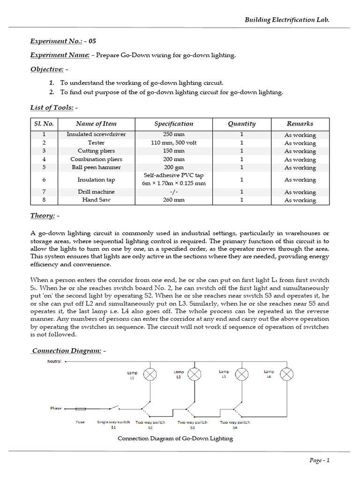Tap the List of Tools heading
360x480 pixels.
[52, 108]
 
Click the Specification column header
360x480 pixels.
[173, 124]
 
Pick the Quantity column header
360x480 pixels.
[241, 124]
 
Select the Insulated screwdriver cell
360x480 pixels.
[96, 135]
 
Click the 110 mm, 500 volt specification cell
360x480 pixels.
[173, 142]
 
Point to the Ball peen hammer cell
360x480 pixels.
[96, 167]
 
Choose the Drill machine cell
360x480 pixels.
[96, 192]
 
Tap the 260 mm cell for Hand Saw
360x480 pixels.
[173, 200]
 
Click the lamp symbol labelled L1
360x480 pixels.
[150, 374]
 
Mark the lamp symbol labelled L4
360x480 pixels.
[286, 374]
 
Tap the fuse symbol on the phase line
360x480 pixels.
[81, 409]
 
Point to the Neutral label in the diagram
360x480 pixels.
[54, 361]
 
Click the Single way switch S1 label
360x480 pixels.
[113, 425]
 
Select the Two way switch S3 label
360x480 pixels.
[192, 425]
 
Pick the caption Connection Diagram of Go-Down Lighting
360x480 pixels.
[175, 439]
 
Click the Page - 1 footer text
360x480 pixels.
[320, 460]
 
